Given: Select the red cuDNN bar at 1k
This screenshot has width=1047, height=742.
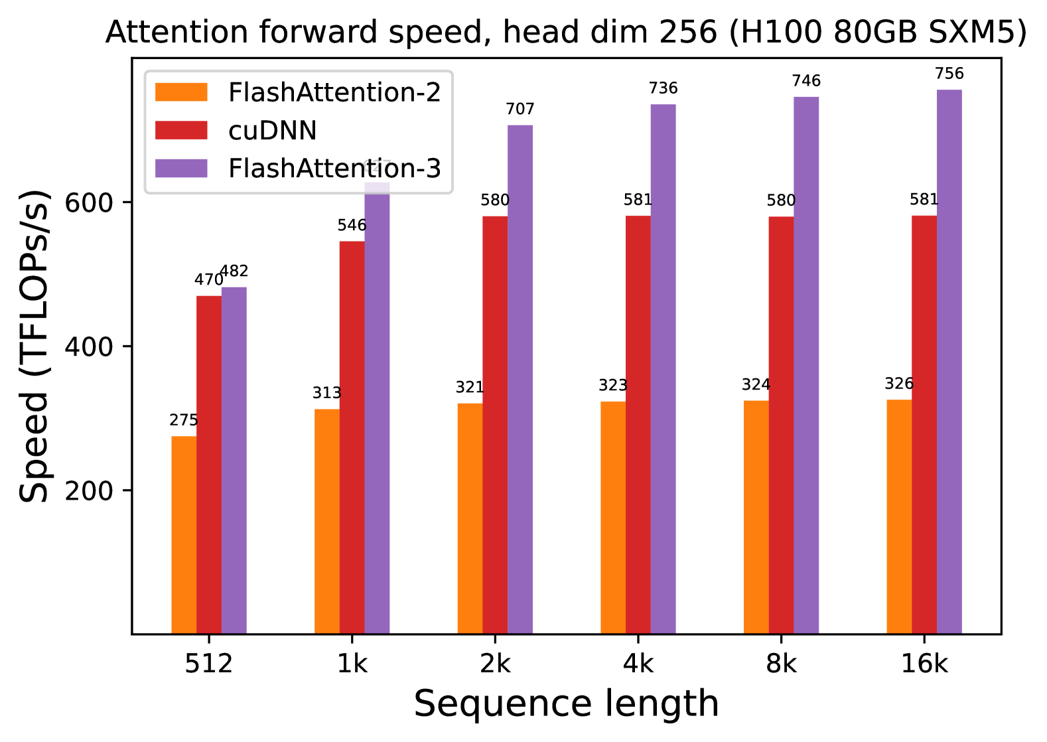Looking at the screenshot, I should (x=352, y=437).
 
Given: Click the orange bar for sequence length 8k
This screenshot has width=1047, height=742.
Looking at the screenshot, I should (x=756, y=517).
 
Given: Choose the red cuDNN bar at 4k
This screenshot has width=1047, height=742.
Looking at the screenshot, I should (x=638, y=425).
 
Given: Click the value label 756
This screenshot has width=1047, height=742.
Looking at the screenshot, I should (x=949, y=74).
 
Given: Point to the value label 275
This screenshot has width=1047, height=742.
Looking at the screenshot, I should (x=184, y=420).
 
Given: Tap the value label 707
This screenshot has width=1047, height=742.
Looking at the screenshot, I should (x=520, y=109).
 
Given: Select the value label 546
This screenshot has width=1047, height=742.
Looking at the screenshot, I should (x=352, y=226).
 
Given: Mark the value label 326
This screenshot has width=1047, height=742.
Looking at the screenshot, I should (x=899, y=384).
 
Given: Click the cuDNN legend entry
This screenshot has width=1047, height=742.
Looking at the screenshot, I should (x=272, y=131).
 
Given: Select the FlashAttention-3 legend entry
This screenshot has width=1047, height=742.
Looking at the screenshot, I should (x=334, y=169).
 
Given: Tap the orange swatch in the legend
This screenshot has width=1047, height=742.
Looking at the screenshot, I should (x=181, y=92).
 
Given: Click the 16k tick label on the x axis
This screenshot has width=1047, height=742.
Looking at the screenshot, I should (x=924, y=664).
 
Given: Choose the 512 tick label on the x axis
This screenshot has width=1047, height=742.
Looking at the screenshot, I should (x=209, y=664).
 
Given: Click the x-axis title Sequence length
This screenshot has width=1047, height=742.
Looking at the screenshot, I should (x=566, y=704).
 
